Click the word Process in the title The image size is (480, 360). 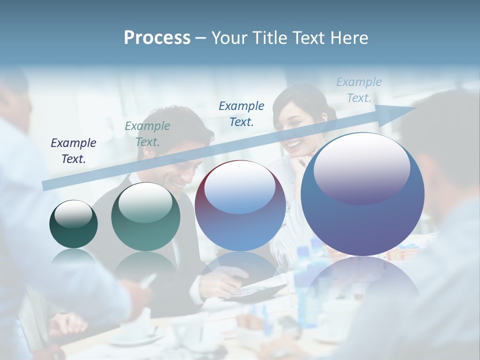[x=157, y=38]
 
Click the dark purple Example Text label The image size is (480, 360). [x=73, y=150]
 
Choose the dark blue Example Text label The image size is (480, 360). [x=241, y=113]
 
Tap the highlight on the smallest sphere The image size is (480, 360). [x=73, y=214]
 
